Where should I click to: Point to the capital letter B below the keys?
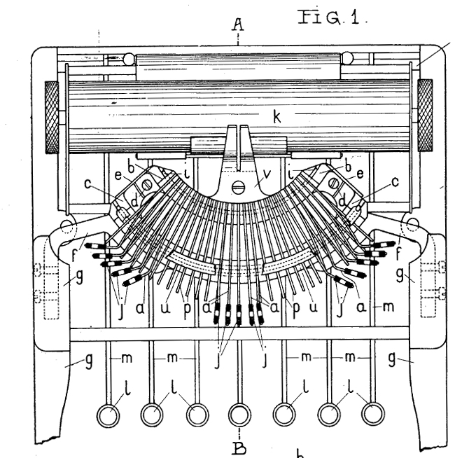pos(239,446)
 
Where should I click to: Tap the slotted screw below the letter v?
pos(239,187)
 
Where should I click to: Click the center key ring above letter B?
pos(239,415)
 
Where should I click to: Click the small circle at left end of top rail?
pos(129,60)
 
